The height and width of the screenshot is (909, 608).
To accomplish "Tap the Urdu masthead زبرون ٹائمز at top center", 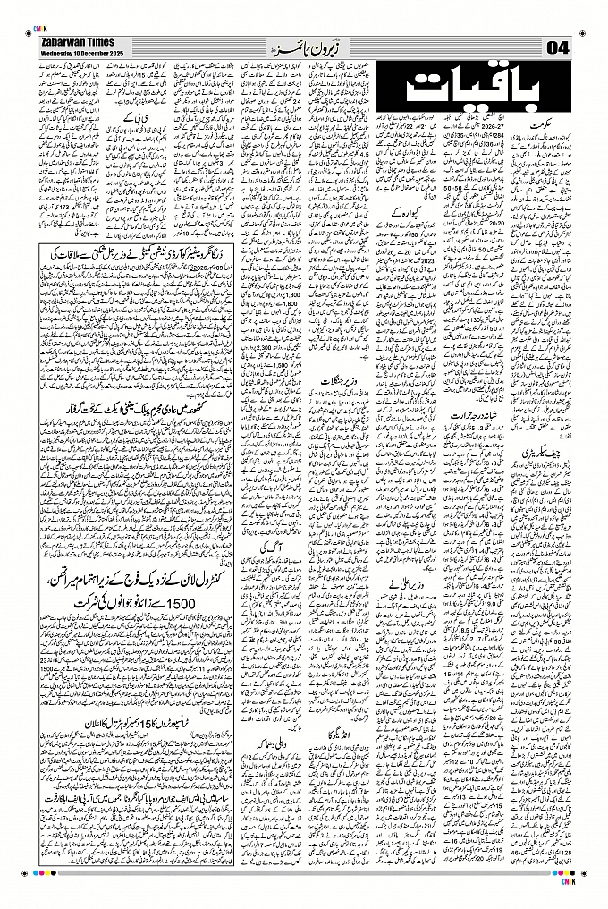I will click(304, 45).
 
